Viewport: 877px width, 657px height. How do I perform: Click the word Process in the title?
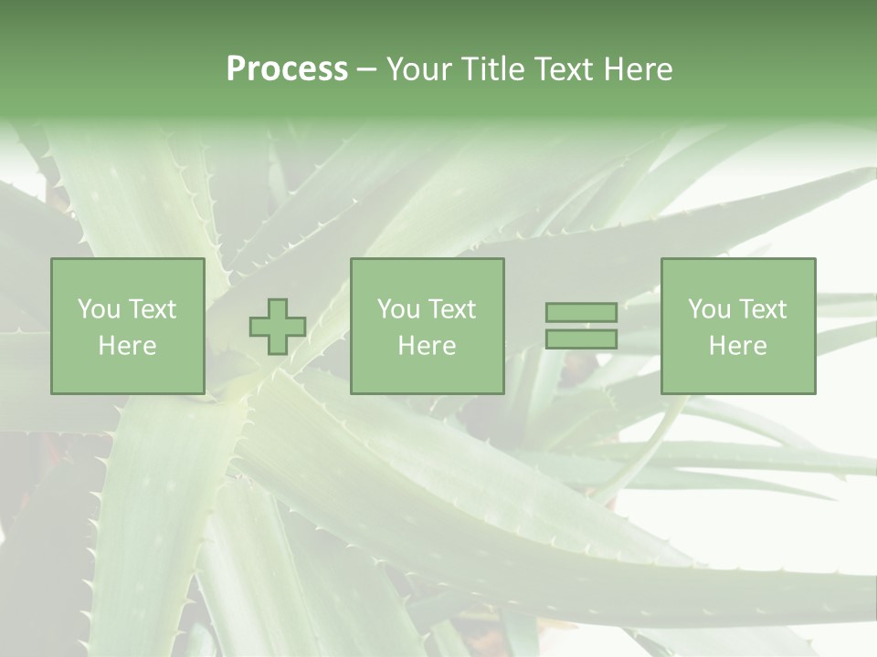287,69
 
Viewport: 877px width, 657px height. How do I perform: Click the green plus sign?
278,327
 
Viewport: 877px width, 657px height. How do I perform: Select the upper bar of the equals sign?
581,312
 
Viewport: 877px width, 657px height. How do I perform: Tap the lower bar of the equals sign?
581,339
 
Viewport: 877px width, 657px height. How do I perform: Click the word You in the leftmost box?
99,309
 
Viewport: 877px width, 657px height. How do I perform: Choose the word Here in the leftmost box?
127,346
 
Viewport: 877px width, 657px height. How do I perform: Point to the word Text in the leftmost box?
152,309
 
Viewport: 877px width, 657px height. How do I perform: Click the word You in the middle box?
398,309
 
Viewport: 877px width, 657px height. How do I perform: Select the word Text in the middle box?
451,309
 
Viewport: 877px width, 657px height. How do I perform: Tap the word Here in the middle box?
427,346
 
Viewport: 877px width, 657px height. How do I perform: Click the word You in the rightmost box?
709,309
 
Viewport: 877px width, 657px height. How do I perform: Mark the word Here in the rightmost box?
737,346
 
